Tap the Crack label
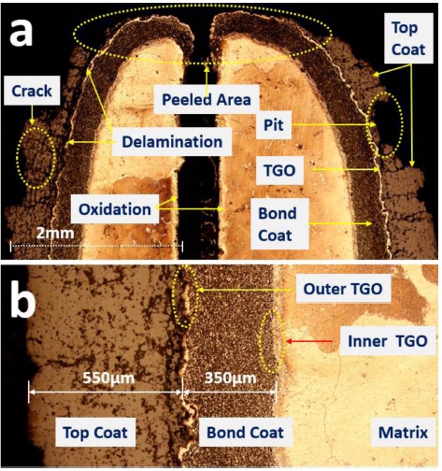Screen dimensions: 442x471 pos(32,92)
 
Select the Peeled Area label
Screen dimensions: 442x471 pos(207,100)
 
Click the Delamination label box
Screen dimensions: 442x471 pos(172,142)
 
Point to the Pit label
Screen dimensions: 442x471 pos(274,125)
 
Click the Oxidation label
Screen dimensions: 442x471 pos(115,209)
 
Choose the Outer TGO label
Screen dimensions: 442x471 pos(343,289)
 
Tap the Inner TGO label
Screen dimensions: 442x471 pos(388,341)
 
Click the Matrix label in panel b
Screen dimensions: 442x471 pos(403,433)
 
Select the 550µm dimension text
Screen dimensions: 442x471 pos(108,378)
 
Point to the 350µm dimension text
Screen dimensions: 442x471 pos(231,378)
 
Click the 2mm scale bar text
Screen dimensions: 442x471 pos(55,233)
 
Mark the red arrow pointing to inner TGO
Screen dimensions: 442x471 pos(309,341)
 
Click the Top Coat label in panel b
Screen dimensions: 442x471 pos(95,433)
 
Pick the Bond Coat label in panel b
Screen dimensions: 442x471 pos(246,433)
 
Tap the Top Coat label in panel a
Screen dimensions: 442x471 pos(408,38)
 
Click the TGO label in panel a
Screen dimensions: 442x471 pos(279,170)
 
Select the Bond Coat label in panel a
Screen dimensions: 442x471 pos(278,224)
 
